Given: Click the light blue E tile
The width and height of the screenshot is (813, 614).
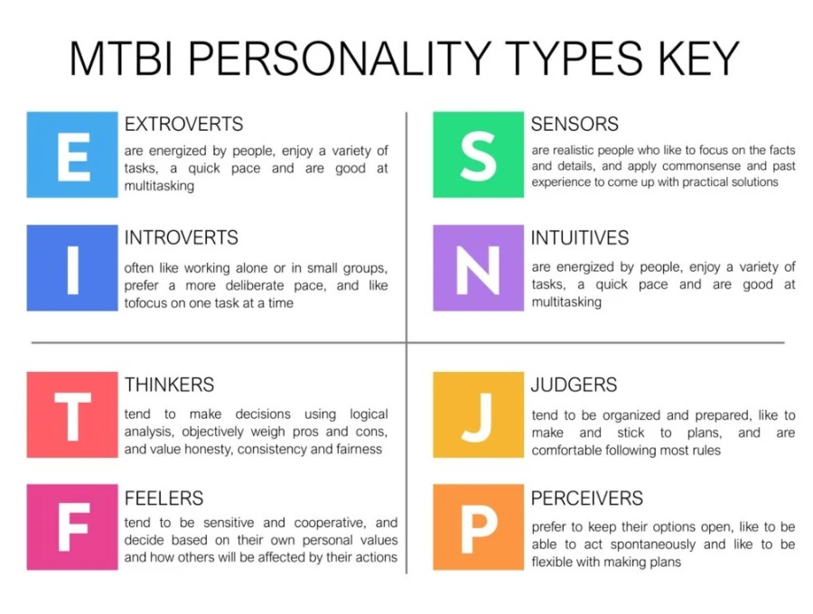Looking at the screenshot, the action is coord(72,154).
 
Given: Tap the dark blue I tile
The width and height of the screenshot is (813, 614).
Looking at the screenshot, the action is coord(72,268).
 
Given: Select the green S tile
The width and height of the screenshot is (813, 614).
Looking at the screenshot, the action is coord(478,154).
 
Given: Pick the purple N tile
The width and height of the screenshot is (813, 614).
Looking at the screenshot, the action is coord(478,268).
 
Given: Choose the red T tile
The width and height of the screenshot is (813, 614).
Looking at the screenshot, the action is coord(72,414).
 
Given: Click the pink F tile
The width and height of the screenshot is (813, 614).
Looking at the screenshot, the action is coord(72,527).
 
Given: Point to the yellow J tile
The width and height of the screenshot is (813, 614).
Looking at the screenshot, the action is coord(478,414).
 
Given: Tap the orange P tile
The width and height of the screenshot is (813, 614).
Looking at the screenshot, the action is coord(478,527).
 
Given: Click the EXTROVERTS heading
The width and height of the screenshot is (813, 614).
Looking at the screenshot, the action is coord(183,125).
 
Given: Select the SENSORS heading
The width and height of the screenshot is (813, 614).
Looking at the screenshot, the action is coord(575,125).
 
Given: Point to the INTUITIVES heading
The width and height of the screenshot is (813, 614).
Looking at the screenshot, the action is coord(580,237).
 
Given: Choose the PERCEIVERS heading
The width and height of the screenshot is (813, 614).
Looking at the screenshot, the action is coord(587,498).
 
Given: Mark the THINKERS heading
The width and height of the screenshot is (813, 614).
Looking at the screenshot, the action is coord(169,385).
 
